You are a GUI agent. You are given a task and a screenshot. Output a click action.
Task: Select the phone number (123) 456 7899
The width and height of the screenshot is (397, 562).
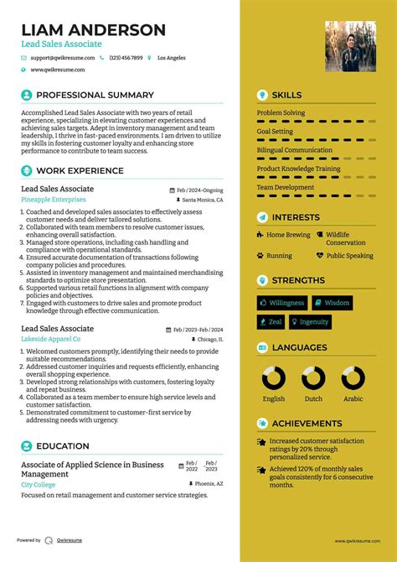[x=126, y=58]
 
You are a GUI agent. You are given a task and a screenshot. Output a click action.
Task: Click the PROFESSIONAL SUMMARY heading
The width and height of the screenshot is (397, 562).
[x=95, y=96]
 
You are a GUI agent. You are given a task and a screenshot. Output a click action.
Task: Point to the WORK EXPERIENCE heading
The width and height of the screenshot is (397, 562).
[x=80, y=170]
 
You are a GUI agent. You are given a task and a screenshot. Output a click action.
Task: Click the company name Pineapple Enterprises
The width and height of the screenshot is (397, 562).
[x=53, y=200]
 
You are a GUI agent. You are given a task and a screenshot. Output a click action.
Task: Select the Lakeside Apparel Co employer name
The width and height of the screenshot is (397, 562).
[x=50, y=339]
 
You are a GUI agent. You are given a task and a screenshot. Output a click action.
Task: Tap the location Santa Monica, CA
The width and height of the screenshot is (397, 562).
[x=202, y=201]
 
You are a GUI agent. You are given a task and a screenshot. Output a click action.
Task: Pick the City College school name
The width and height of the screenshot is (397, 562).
[x=39, y=485]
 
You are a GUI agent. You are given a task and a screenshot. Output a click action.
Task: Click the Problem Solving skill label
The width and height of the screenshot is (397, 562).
[x=281, y=112]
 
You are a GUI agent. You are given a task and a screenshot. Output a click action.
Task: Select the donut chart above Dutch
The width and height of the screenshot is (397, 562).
[x=313, y=378]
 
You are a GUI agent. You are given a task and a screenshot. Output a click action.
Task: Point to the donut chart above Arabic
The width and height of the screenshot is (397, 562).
[x=353, y=378]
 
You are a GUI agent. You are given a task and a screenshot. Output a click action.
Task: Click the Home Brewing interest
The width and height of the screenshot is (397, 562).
[x=287, y=236]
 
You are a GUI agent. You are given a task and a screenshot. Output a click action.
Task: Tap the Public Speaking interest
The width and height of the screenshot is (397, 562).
[x=349, y=256]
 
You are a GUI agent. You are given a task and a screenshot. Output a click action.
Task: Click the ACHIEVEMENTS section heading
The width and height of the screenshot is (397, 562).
[x=307, y=424]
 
